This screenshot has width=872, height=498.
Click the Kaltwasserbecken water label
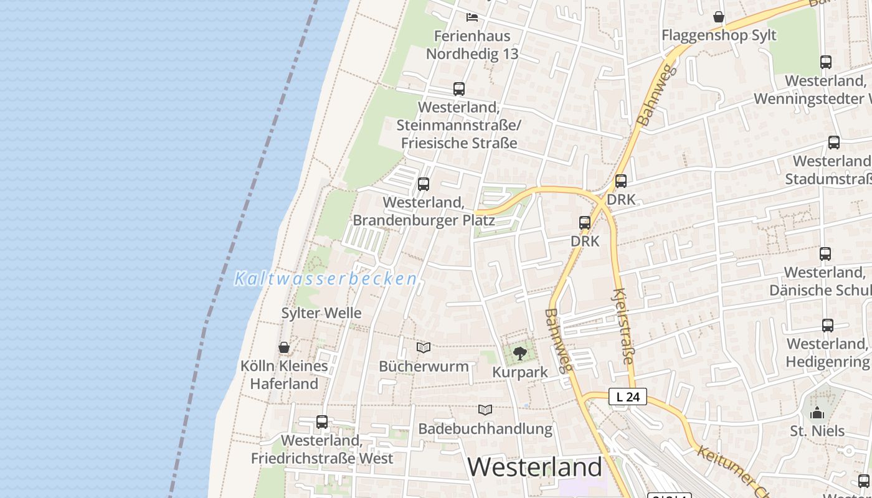[325, 279]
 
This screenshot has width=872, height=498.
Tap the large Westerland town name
[534, 467]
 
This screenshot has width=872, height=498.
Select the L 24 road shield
[628, 397]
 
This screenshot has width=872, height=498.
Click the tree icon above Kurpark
[519, 354]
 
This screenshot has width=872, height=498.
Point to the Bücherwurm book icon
[424, 348]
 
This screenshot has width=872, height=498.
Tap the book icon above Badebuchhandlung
[485, 410]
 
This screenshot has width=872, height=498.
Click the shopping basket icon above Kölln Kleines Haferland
[284, 347]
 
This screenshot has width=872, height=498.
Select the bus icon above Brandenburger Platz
[424, 184]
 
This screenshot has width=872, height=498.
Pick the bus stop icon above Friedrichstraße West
[322, 422]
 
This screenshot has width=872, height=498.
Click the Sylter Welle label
[321, 313]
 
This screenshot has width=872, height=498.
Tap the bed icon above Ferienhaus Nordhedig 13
[472, 17]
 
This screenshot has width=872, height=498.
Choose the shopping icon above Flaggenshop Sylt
[719, 17]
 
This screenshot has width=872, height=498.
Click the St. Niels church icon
[817, 413]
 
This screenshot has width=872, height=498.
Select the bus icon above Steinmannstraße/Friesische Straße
[459, 89]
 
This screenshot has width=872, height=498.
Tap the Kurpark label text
[520, 372]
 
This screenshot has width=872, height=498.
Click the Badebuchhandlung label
[485, 429]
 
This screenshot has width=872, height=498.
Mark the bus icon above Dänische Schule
[825, 254]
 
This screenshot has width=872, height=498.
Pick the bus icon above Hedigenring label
[827, 326]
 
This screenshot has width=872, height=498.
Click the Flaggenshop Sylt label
[719, 35]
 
